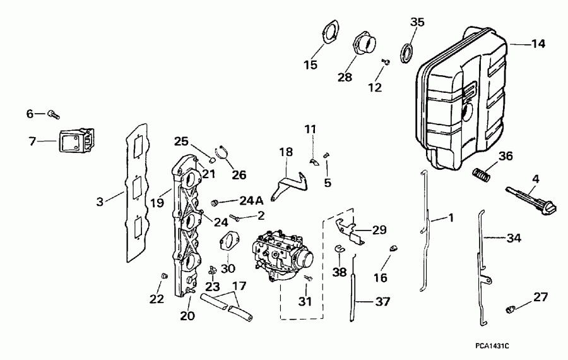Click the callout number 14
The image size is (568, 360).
point(538,44)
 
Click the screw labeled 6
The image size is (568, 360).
point(54,114)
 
